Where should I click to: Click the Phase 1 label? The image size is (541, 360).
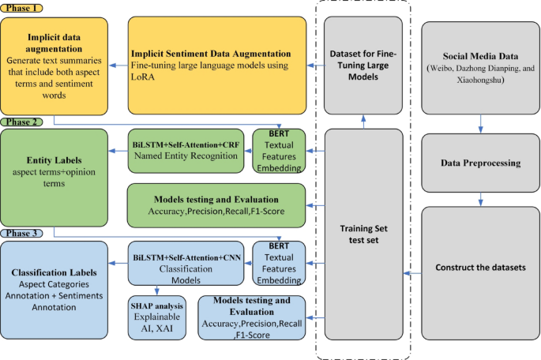(22, 7)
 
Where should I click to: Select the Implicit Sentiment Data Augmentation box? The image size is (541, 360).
(216, 66)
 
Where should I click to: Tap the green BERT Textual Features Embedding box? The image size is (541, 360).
(278, 150)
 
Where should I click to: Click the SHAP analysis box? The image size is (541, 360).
(156, 315)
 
